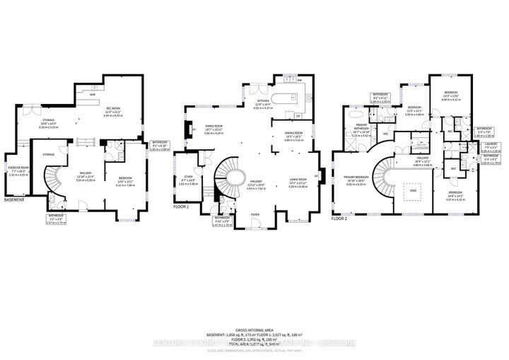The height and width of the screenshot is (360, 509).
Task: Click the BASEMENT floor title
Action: coord(15,200)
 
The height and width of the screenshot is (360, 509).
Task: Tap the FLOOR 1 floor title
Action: coord(182,207)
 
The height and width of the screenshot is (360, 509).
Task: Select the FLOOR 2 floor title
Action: coord(340,219)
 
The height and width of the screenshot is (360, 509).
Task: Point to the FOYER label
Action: coord(254,212)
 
